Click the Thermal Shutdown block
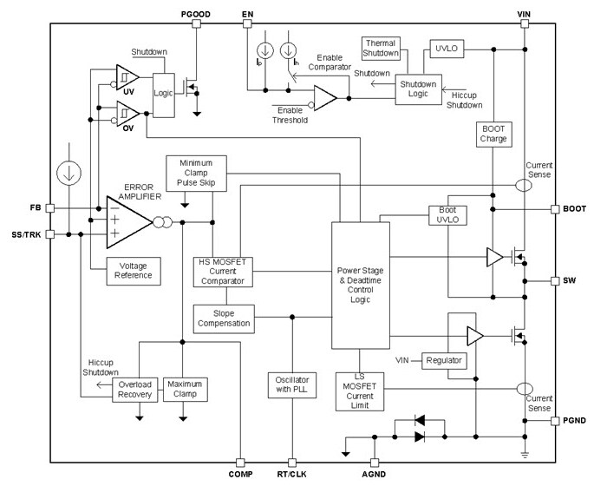[x=382, y=49]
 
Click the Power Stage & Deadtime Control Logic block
[x=359, y=286]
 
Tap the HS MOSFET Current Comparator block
[x=222, y=272]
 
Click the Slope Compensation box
[x=222, y=317]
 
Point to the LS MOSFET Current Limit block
[x=360, y=391]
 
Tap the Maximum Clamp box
[x=186, y=389]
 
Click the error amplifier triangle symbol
[x=126, y=221]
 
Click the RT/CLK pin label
[x=292, y=474]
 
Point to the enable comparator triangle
[x=324, y=97]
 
